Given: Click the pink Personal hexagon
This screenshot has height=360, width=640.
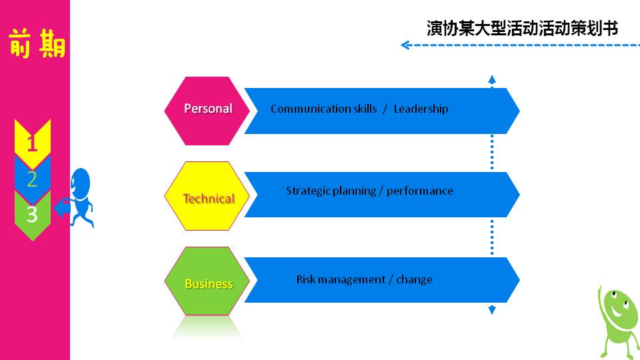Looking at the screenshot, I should [207, 111].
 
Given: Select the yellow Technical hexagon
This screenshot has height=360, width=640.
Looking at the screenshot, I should [207, 196].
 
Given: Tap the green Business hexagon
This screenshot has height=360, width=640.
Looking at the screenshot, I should [207, 281].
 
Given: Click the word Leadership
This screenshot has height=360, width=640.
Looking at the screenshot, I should [421, 109].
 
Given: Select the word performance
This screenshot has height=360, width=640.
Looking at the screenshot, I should [420, 191].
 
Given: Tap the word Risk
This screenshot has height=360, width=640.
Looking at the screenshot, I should [305, 279].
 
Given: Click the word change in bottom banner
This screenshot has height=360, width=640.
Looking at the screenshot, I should [414, 279].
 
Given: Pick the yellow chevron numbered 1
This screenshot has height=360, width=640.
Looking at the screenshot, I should [32, 143].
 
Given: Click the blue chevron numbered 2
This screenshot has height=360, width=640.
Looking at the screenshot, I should [32, 179].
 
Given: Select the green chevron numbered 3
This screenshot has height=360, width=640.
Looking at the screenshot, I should [32, 215].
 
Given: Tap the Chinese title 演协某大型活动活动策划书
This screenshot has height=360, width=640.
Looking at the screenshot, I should [522, 29].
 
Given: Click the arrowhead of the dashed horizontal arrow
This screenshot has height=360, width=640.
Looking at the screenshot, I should [404, 45].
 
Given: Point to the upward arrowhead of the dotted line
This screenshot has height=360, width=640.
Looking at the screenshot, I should [492, 79].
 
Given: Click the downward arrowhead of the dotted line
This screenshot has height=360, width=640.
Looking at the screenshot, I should [492, 310].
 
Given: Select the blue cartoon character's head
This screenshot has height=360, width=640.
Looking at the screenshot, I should [81, 183].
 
